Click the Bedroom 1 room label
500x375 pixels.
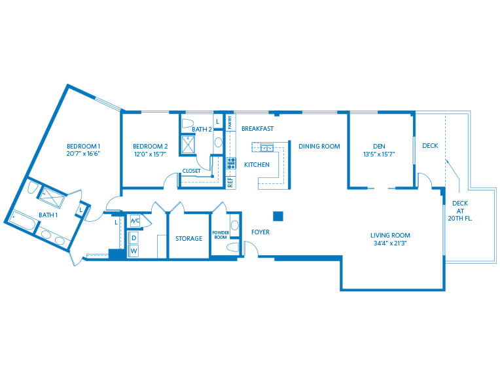click(x=84, y=146)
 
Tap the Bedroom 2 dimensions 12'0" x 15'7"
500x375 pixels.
click(x=151, y=155)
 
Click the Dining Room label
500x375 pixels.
click(x=319, y=147)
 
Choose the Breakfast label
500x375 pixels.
click(x=257, y=129)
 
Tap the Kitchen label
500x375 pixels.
click(x=257, y=165)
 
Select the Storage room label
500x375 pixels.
click(x=188, y=239)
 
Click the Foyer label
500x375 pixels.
click(x=260, y=232)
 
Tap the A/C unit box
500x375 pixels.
click(x=135, y=221)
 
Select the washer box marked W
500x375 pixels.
click(x=134, y=251)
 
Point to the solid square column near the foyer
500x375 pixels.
click(x=277, y=216)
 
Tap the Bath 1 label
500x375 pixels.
click(x=48, y=215)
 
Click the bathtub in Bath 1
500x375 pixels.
click(x=21, y=221)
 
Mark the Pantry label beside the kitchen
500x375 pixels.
click(x=230, y=122)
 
